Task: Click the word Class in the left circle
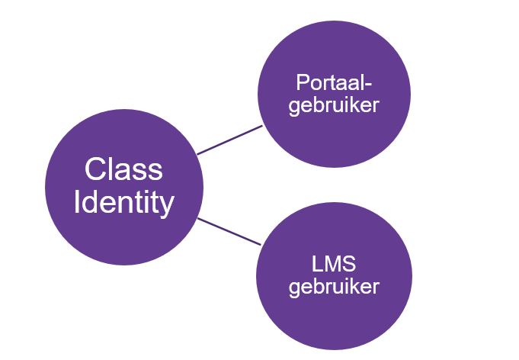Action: (123, 169)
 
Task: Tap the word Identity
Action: (123, 203)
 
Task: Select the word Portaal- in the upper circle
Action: (334, 82)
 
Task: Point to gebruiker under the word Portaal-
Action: (334, 105)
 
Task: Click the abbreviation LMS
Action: (334, 266)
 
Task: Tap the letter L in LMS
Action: (316, 266)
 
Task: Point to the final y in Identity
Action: (166, 206)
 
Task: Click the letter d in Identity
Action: (91, 203)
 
